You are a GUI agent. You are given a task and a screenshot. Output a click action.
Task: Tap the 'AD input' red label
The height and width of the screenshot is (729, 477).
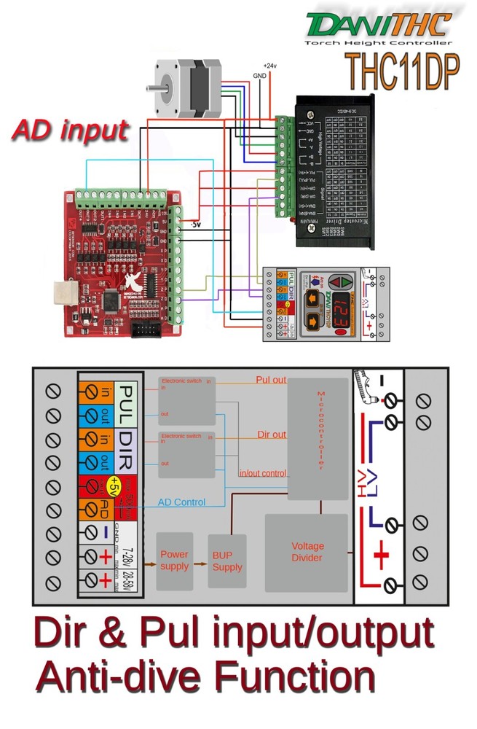coord(71,130)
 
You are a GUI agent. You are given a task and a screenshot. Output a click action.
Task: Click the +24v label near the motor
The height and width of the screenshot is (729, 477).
coord(270,65)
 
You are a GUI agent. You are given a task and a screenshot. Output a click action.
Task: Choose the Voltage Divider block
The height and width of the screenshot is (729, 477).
coord(307,552)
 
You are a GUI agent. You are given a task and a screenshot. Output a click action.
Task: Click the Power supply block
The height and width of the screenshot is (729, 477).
coord(175,561)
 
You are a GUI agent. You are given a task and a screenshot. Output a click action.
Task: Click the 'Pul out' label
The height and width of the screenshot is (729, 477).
coord(271,381)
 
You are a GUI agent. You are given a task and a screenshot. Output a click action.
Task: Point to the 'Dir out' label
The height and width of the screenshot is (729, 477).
coord(271,434)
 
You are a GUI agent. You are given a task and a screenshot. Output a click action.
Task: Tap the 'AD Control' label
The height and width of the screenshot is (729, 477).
coord(181,503)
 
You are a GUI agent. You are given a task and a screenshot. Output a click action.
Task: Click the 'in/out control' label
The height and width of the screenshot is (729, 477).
coord(263,473)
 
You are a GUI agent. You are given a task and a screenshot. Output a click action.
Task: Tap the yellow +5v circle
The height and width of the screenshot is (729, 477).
coord(114,486)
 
